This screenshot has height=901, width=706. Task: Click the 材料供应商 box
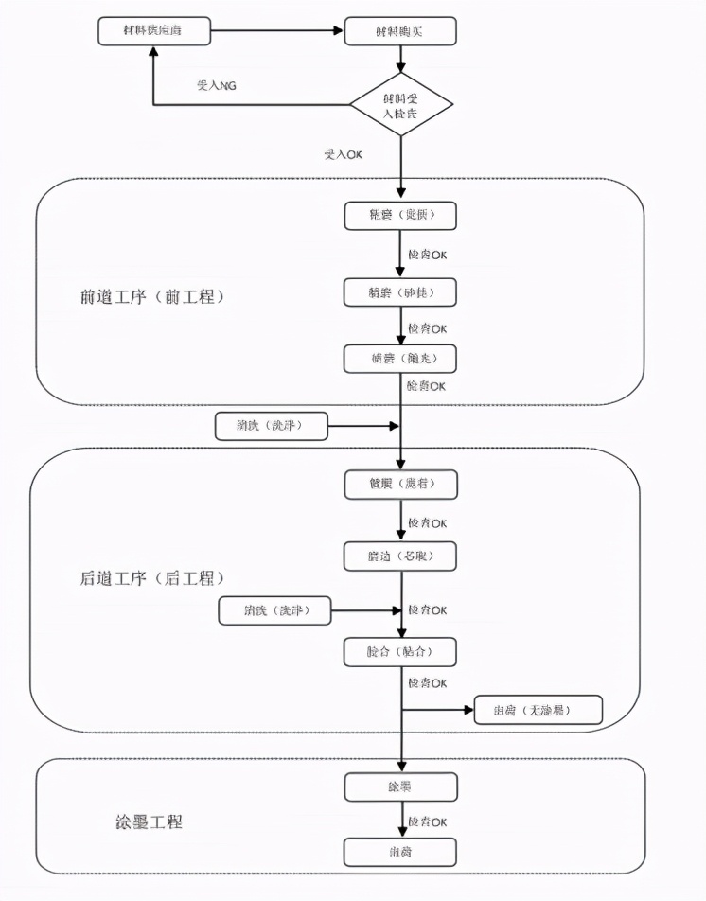(153, 31)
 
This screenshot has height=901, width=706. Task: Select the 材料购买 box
(400, 31)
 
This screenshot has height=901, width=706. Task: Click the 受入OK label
(344, 153)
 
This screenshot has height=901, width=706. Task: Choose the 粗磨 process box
(400, 215)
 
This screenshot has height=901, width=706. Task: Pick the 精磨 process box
(400, 291)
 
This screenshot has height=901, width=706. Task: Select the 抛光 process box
(400, 359)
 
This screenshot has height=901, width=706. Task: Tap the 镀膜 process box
(400, 484)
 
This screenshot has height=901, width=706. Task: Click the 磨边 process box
(400, 556)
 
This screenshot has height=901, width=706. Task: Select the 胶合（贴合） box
(400, 652)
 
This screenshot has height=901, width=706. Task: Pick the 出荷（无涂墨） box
(537, 710)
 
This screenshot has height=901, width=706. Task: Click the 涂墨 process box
(400, 786)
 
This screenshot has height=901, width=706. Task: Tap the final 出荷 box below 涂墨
(400, 852)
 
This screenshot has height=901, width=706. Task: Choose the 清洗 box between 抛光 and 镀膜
(271, 426)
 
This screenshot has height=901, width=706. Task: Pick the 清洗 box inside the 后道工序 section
(275, 610)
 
